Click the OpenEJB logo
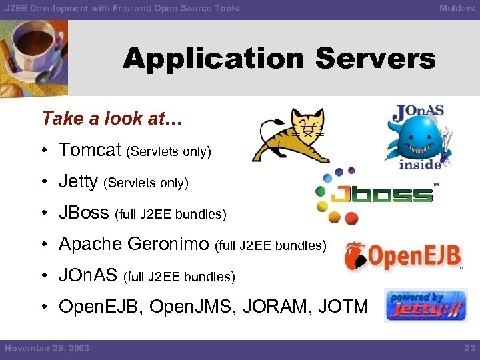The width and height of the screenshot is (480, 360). (403, 257)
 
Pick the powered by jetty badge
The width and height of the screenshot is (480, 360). (426, 305)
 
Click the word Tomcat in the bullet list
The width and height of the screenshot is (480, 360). (90, 150)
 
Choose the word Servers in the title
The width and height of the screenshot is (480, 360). (375, 59)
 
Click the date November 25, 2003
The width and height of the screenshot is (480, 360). (47, 348)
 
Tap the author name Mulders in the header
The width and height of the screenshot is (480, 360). (457, 8)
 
